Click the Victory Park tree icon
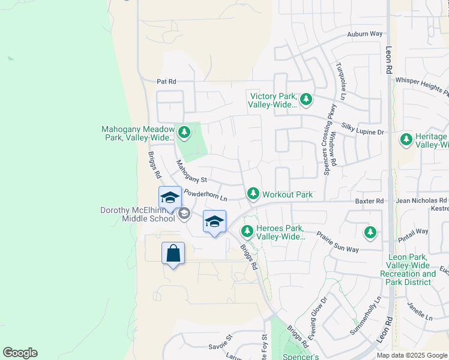tap(306, 99)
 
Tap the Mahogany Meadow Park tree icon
tap(184, 133)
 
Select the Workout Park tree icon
tap(253, 194)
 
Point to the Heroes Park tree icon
tap(247, 231)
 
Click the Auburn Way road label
tap(365, 34)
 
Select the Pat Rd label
tap(166, 81)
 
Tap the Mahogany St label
tap(191, 171)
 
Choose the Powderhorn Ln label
tap(206, 195)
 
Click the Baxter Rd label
tap(369, 201)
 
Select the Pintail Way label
tap(414, 231)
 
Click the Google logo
tap(20, 353)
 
